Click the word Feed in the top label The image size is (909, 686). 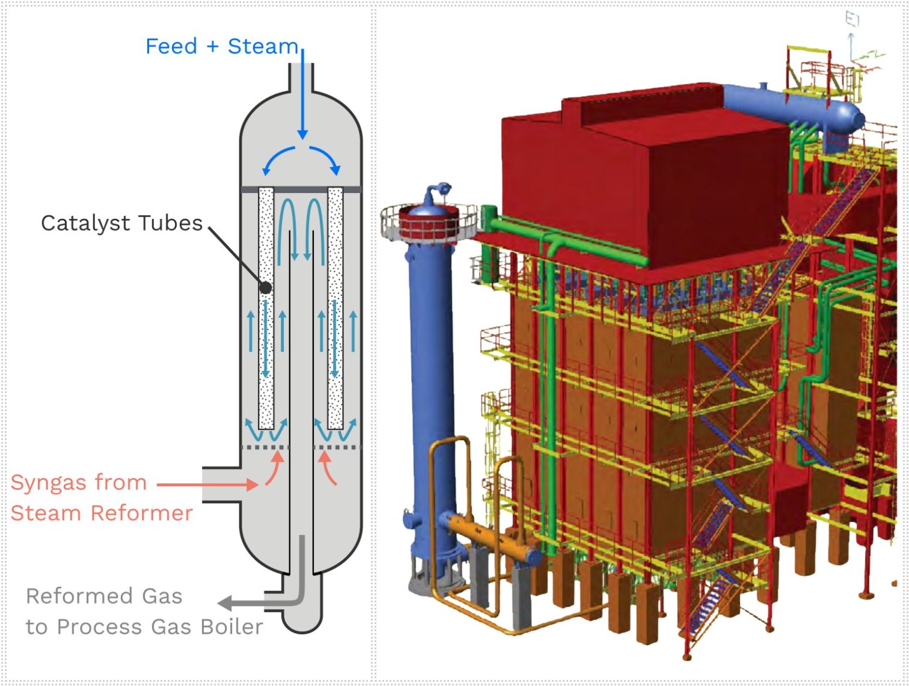(171, 46)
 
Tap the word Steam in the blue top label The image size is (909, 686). (263, 46)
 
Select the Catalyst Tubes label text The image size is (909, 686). (121, 223)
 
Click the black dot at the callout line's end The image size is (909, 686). (265, 287)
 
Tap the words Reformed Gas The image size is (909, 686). (104, 596)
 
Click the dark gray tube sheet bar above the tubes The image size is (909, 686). (301, 189)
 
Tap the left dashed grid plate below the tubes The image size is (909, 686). (265, 447)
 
